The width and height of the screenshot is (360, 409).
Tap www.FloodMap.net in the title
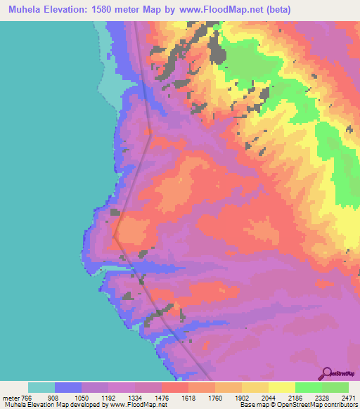tap(205, 10)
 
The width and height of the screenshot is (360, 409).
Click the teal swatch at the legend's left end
tap(41, 387)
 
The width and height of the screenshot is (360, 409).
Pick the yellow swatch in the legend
tap(281, 387)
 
